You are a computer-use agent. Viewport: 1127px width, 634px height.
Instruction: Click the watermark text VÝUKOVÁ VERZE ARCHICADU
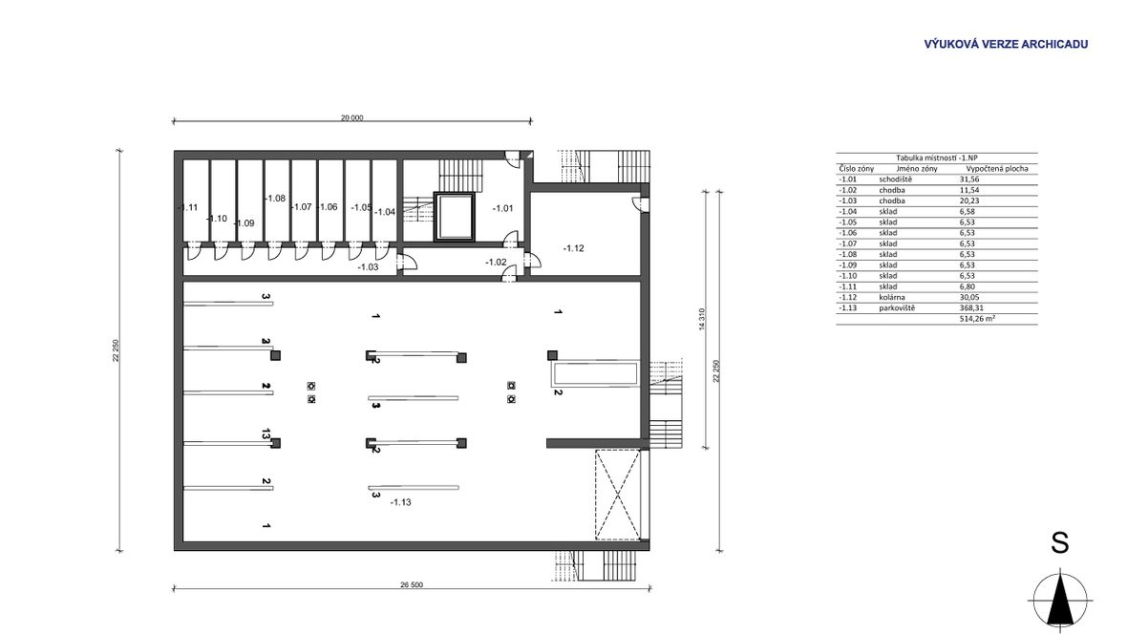[x=1006, y=44]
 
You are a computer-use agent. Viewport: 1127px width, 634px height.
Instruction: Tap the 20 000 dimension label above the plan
[x=352, y=117]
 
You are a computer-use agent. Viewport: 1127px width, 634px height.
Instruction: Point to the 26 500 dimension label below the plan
[x=412, y=585]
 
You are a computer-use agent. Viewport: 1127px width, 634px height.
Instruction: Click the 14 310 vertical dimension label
[x=702, y=319]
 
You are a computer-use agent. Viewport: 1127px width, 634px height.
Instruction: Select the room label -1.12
[x=574, y=248]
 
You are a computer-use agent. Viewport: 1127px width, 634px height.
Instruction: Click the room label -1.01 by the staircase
[x=503, y=208]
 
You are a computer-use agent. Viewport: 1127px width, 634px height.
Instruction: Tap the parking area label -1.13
[x=400, y=501]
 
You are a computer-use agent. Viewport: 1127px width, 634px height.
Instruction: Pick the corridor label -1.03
[x=368, y=266]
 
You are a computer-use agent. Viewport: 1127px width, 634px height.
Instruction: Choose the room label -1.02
[x=496, y=263]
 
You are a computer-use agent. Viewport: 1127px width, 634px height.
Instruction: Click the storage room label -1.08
[x=275, y=199]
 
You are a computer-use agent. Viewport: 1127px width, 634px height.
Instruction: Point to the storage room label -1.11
[x=187, y=208]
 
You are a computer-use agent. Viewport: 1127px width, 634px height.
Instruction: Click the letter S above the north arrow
[x=1060, y=542]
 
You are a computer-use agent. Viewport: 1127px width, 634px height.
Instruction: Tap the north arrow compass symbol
[x=1060, y=600]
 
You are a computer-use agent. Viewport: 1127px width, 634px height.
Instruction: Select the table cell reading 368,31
[x=970, y=307]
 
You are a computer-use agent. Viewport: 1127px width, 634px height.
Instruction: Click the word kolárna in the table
[x=892, y=297]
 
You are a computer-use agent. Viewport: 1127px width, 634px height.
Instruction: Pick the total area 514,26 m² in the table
[x=977, y=319]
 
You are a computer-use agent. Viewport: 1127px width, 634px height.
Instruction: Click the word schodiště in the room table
[x=895, y=179]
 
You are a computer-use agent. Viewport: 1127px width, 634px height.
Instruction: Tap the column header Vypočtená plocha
[x=997, y=168]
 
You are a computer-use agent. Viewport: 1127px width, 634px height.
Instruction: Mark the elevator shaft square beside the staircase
[x=455, y=217]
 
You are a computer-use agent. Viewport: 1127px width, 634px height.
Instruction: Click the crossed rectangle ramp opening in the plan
[x=617, y=494]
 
